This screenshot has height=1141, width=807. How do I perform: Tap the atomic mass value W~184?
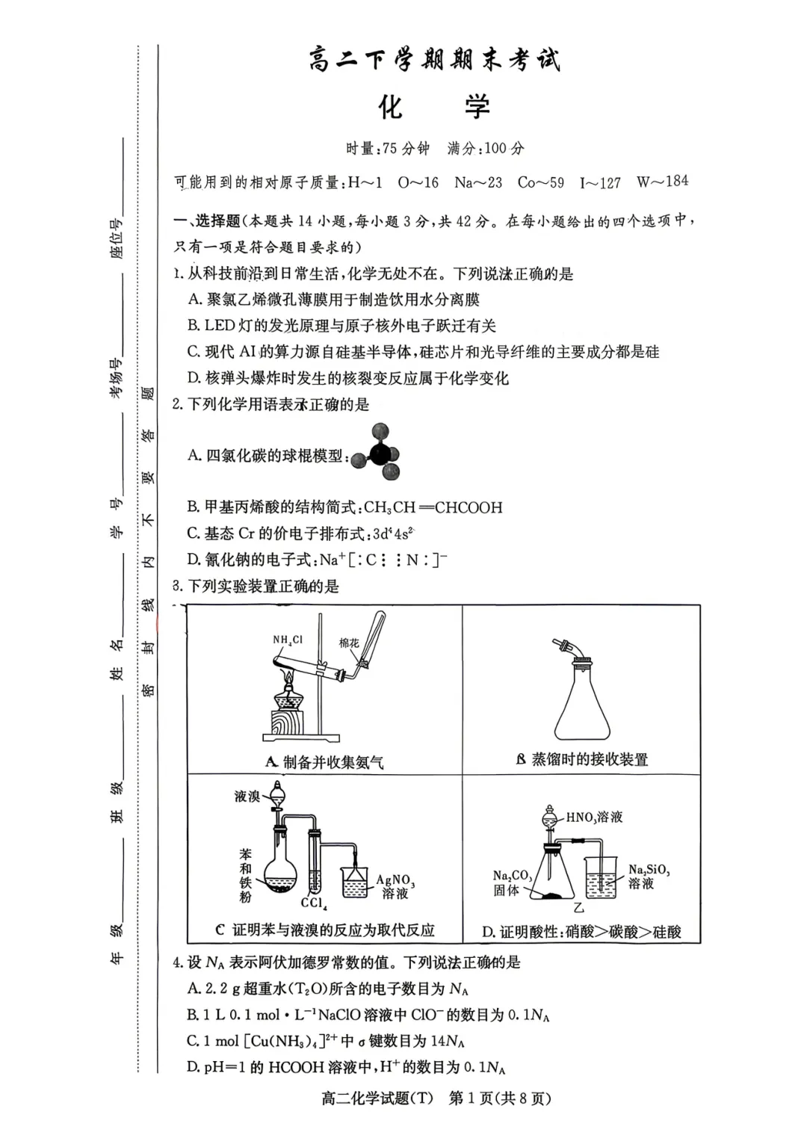[x=662, y=182]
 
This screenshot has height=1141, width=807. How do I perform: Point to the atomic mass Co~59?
[x=540, y=182]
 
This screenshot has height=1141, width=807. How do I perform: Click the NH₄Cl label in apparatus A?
[x=288, y=640]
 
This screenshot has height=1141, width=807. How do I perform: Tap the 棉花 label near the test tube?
[x=349, y=643]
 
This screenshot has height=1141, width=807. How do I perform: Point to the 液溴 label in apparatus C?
[x=247, y=796]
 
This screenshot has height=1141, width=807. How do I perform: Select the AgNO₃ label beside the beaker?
[x=395, y=880]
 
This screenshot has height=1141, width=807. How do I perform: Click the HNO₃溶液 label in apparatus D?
[x=594, y=817]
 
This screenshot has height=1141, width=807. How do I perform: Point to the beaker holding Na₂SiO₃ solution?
[x=602, y=877]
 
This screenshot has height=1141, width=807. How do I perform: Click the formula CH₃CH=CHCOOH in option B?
[x=433, y=507]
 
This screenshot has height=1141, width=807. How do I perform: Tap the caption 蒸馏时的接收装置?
[x=590, y=760]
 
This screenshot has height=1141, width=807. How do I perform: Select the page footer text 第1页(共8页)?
[x=500, y=1098]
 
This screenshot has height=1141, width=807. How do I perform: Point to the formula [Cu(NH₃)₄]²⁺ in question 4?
[x=292, y=1041]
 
